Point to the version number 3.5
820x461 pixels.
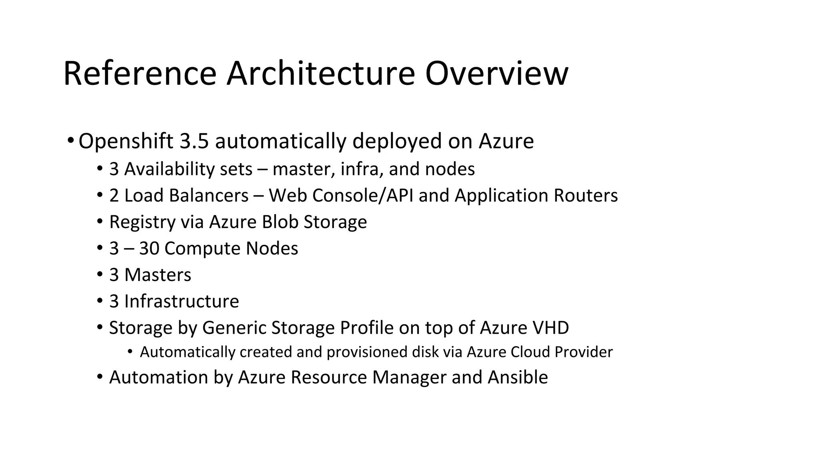coord(194,141)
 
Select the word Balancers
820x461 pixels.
coord(209,195)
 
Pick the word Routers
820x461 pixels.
coord(585,195)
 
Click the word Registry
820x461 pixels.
coord(142,222)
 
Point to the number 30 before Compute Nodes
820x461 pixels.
coord(149,249)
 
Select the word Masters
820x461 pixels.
coord(158,275)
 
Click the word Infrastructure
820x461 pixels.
coord(181,301)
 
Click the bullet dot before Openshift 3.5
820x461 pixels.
coord(70,140)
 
